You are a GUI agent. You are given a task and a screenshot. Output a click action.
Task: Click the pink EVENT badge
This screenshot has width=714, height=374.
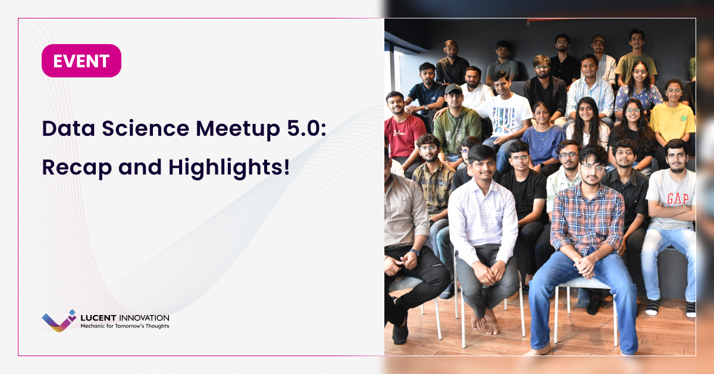81,61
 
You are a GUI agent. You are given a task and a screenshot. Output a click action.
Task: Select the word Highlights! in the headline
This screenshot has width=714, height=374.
229,167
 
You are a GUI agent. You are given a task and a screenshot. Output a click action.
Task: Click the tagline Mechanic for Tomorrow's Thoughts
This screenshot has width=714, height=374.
124,326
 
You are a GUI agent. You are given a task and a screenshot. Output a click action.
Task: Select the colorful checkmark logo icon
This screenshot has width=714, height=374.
59,320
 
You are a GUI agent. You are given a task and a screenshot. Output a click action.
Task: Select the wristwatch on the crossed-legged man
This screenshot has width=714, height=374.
415,253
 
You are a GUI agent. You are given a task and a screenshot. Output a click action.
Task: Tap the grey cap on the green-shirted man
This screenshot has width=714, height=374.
453,89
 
